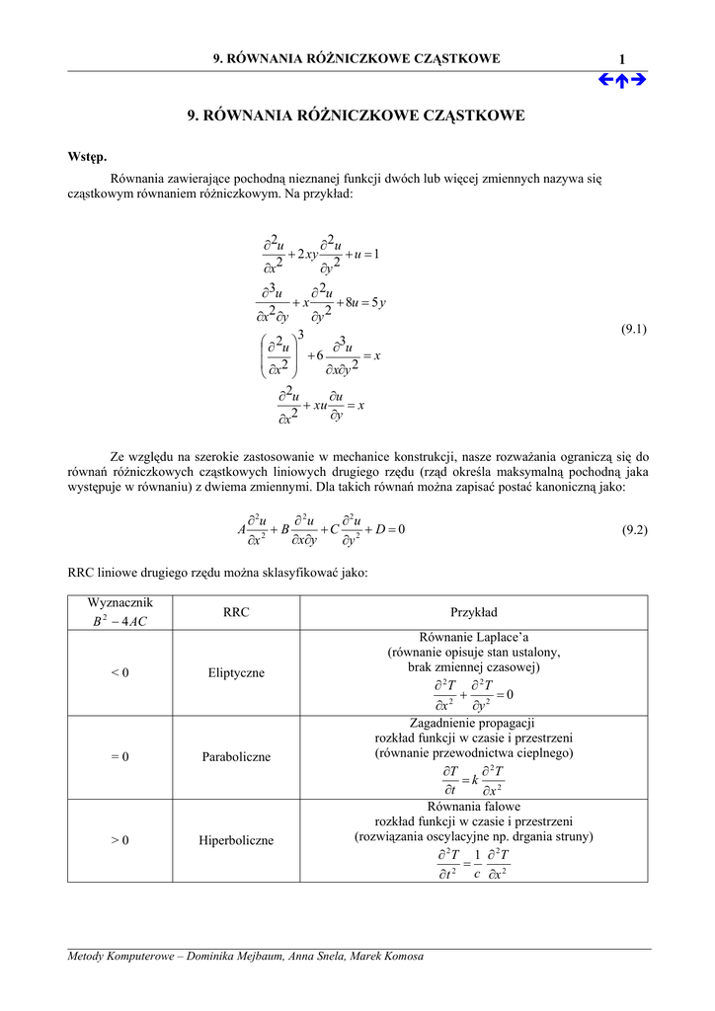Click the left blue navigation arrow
click(x=605, y=80)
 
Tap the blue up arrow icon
click(x=622, y=80)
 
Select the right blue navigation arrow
click(x=638, y=80)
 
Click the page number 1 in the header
click(x=622, y=60)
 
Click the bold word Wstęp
click(x=87, y=157)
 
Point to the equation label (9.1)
click(x=634, y=329)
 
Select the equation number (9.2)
click(x=634, y=530)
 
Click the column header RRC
click(x=236, y=612)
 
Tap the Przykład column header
click(x=474, y=612)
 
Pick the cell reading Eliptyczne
click(x=236, y=673)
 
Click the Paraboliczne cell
click(x=236, y=757)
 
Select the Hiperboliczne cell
click(x=236, y=841)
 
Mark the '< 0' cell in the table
click(x=119, y=673)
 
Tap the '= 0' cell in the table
click(x=119, y=757)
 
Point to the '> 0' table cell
click(x=119, y=841)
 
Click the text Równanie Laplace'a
click(x=474, y=638)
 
